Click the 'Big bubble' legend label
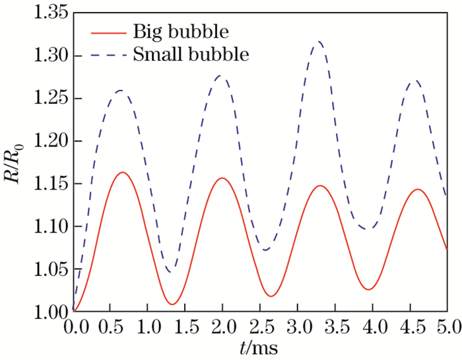pos(168,31)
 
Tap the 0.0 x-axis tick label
pos(73,328)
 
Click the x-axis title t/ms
pos(259,348)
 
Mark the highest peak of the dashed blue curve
pos(319,42)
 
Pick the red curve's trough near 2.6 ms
pos(271,296)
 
